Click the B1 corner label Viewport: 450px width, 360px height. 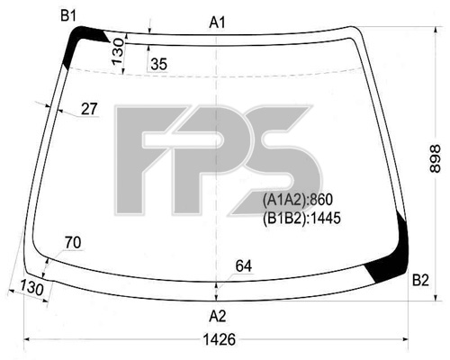(x=68, y=15)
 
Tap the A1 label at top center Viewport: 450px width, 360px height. (x=217, y=22)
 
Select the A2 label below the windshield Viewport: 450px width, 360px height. (x=218, y=316)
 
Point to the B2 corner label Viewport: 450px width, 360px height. (x=420, y=280)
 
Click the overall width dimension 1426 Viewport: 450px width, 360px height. (x=220, y=339)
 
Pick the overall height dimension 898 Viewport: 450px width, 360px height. (x=435, y=158)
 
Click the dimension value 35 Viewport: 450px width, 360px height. (x=158, y=64)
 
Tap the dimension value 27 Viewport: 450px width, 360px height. (x=89, y=109)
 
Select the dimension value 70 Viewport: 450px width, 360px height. (x=73, y=242)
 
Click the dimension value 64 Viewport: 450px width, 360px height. (x=244, y=265)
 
